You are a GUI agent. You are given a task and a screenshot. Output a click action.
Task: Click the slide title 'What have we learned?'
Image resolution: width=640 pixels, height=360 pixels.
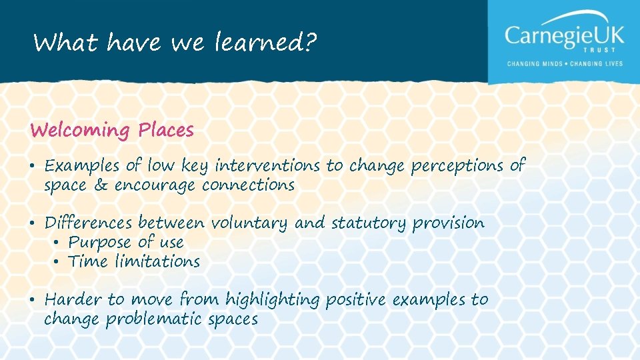175,43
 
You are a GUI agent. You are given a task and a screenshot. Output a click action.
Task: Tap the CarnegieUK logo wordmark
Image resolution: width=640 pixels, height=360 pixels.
564,35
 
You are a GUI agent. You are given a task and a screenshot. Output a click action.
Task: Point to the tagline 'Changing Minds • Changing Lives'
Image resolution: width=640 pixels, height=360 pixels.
565,65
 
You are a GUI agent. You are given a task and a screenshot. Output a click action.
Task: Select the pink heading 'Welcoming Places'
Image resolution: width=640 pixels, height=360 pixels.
112,130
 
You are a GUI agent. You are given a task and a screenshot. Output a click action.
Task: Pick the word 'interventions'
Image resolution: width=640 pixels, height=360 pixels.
268,165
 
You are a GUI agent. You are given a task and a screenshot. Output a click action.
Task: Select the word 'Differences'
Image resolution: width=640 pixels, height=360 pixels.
89,223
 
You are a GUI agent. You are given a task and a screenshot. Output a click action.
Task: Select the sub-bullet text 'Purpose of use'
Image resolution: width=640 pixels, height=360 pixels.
126,242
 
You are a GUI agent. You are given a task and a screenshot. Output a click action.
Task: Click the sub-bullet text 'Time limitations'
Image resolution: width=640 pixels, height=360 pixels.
134,261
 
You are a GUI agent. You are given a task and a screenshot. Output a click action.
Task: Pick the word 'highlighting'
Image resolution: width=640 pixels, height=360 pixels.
273,301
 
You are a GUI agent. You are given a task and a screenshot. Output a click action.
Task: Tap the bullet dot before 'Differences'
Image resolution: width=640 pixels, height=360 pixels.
33,223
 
